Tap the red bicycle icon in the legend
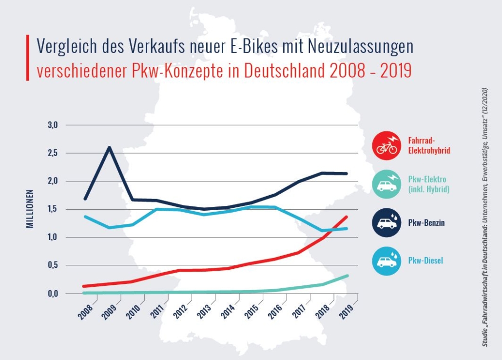point(386,145)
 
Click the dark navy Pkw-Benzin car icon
point(386,223)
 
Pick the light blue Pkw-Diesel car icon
point(386,261)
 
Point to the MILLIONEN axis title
point(29,209)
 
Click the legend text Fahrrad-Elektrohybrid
point(428,145)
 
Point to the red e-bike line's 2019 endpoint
point(347,217)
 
